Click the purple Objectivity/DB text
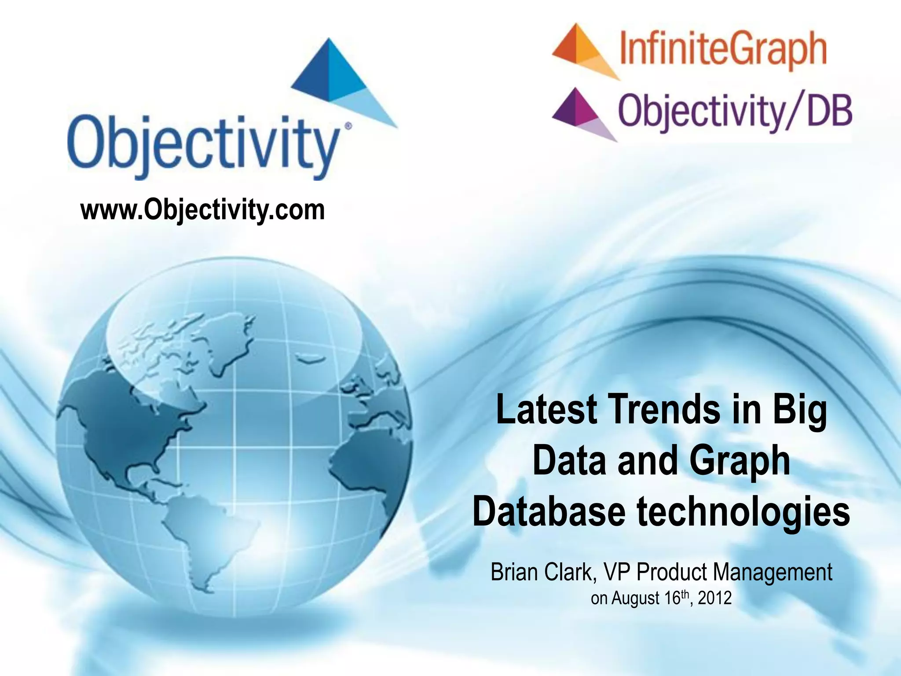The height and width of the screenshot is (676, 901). point(735,111)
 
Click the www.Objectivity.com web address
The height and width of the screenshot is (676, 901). point(202,210)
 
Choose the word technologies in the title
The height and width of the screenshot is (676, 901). point(744,511)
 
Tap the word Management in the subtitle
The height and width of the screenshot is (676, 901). point(773,572)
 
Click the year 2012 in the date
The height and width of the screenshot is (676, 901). point(714,598)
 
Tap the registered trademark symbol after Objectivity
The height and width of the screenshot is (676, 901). point(348,126)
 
